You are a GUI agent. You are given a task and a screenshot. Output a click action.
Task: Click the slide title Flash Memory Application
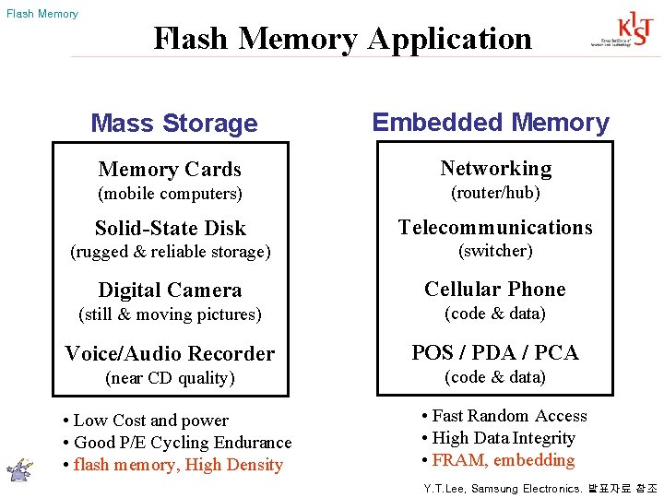(x=342, y=39)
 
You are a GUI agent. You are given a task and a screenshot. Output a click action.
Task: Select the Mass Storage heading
(x=174, y=124)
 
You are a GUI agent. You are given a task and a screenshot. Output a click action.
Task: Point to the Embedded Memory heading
(x=491, y=123)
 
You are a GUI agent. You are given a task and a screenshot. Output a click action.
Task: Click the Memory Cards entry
(x=170, y=169)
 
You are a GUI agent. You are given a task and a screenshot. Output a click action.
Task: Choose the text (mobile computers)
(x=170, y=194)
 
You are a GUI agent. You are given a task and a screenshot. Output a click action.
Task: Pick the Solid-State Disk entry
(x=171, y=228)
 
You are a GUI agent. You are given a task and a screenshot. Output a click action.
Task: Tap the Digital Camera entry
(x=170, y=290)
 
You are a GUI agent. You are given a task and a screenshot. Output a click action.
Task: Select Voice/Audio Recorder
(x=170, y=353)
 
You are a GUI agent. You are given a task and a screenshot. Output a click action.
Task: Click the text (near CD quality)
(x=170, y=378)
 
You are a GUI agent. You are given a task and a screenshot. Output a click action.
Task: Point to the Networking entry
(x=495, y=168)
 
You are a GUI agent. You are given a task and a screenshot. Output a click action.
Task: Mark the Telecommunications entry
(x=495, y=227)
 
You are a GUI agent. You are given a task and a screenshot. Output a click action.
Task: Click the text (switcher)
(x=495, y=251)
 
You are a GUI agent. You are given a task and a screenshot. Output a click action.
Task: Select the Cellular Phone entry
(x=495, y=289)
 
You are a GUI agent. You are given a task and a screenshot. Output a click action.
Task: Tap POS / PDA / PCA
(x=495, y=352)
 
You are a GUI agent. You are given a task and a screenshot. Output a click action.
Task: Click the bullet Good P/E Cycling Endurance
(x=182, y=443)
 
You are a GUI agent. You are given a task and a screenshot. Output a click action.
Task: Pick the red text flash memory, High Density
(x=178, y=465)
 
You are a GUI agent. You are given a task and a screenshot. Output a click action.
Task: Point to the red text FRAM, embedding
(x=503, y=460)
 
